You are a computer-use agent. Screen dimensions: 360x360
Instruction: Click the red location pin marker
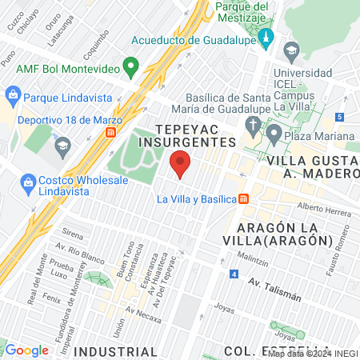[x=181, y=164]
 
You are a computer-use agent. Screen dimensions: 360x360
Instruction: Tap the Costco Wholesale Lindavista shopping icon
[x=29, y=182]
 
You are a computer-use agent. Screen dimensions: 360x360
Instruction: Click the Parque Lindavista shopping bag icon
[x=13, y=95]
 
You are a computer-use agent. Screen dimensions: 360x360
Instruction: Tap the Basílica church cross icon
[x=253, y=126]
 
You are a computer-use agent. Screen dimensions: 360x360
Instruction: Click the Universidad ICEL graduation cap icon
[x=291, y=50]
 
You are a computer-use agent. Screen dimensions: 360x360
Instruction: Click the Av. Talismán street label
[x=274, y=289]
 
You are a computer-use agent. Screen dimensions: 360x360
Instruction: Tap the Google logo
[x=26, y=350]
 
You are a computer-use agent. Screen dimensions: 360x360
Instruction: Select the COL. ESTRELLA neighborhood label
[x=261, y=350]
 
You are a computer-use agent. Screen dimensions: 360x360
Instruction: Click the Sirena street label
[x=72, y=236]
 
